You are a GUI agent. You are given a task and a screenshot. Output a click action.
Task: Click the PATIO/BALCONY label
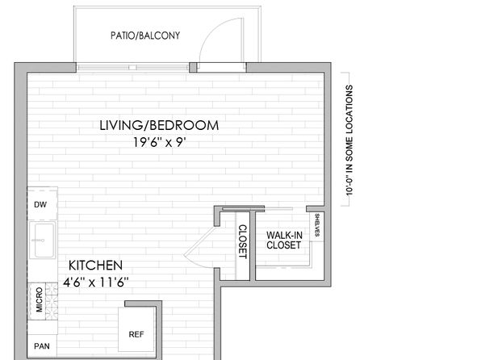[x=145, y=36]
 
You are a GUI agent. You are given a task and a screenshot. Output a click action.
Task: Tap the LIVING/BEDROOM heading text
[x=159, y=126]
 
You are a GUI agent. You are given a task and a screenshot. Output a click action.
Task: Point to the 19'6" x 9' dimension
[x=160, y=142]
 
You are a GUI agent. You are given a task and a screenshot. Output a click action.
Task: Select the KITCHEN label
[x=95, y=266]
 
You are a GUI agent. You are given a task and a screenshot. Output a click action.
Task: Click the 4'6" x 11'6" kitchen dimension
[x=95, y=282]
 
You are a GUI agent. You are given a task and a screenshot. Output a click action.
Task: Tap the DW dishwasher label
[x=40, y=205]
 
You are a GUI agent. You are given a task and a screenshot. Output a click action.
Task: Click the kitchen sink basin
[x=44, y=240]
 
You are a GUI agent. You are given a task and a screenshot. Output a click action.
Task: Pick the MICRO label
[x=40, y=299]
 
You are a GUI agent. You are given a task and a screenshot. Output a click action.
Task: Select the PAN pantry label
[x=42, y=346]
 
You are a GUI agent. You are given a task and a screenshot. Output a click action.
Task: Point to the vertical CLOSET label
[x=243, y=242]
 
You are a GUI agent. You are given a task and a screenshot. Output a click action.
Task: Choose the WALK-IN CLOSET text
[x=284, y=240]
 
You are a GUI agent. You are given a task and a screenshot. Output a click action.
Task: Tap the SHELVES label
[x=317, y=225]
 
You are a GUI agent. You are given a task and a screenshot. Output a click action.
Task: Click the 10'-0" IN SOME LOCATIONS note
[x=349, y=140]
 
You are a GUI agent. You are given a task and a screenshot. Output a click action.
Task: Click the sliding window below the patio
[x=132, y=67]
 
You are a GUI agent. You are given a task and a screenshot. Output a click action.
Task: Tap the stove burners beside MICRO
[x=52, y=301]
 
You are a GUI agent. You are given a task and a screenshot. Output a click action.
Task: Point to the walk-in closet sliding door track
[x=257, y=209]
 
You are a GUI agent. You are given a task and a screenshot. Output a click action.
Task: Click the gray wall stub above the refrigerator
[x=143, y=303]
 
